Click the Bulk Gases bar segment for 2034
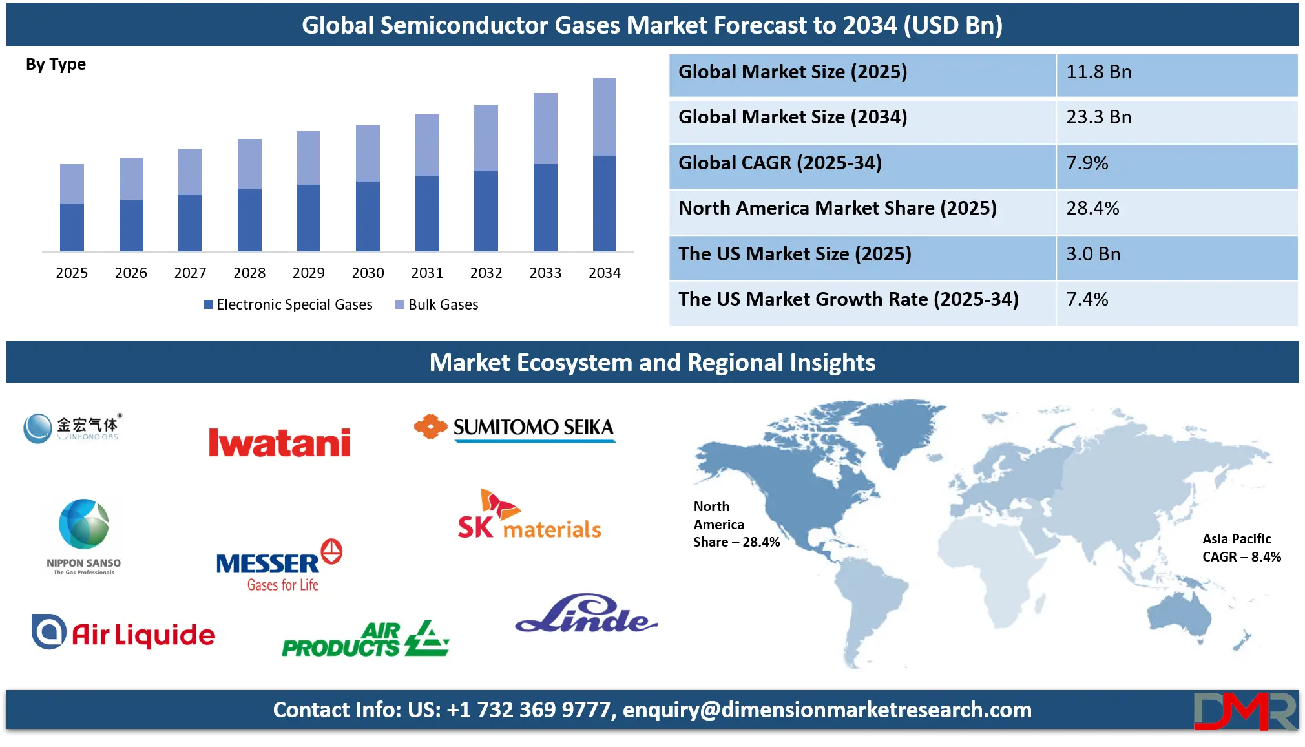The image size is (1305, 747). [x=605, y=117]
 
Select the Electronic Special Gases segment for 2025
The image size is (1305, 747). [x=72, y=227]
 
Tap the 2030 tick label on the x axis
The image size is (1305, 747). [x=368, y=273]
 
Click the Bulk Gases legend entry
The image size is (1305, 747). [x=437, y=304]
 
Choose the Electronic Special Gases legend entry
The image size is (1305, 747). [x=288, y=304]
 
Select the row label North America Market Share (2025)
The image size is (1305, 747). [x=837, y=208]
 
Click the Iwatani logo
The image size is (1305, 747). [x=280, y=443]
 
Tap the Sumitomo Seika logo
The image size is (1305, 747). [x=515, y=428]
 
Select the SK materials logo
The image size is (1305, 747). [x=529, y=514]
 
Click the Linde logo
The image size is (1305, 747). [x=586, y=613]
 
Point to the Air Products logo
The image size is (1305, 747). [x=366, y=639]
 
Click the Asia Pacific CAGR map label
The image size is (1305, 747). [x=1241, y=548]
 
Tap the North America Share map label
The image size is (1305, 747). [x=736, y=524]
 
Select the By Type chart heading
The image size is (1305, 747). [x=56, y=65]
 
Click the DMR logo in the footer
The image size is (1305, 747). [x=1245, y=711]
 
